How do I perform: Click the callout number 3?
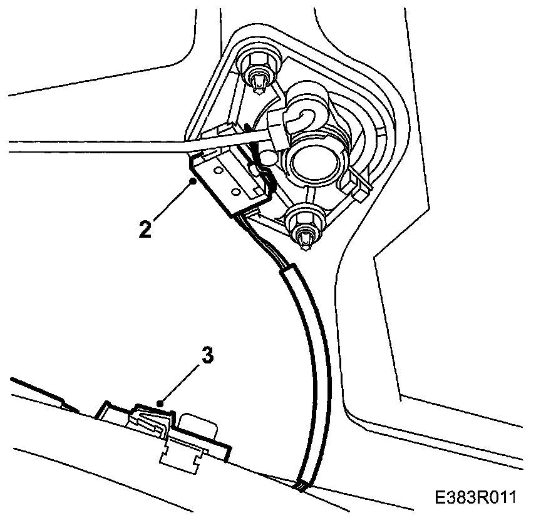click(207, 355)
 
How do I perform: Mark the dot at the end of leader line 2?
click(195, 181)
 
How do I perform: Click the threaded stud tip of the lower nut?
click(306, 238)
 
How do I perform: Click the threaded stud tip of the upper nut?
click(258, 80)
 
